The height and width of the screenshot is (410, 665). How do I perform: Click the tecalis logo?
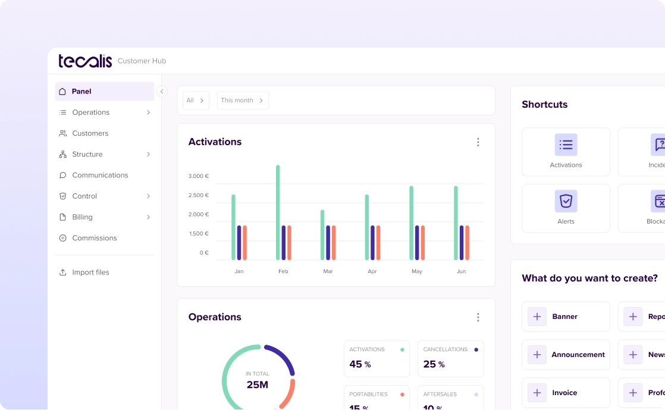(85, 61)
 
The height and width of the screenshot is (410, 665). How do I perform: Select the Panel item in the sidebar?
(81, 92)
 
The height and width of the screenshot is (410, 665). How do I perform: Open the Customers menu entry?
(90, 133)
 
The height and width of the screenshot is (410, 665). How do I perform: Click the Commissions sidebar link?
(94, 238)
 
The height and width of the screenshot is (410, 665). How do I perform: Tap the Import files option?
(90, 273)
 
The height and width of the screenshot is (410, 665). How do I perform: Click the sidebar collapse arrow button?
(162, 92)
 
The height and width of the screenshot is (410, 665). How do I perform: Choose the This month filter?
(242, 101)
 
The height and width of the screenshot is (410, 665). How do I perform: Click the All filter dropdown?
(195, 101)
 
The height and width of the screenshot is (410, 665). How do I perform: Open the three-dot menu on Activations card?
(478, 142)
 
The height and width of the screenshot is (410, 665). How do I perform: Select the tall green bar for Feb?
(278, 212)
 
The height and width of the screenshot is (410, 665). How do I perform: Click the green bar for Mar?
(322, 234)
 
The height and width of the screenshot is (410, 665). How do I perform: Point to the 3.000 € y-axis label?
(199, 176)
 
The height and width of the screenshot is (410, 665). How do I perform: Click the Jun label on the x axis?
(461, 271)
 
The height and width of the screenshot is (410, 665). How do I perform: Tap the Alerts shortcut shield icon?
(566, 201)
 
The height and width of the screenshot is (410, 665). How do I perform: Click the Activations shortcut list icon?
(566, 145)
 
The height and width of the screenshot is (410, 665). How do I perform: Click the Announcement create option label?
(578, 355)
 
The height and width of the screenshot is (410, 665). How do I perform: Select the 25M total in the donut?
(258, 385)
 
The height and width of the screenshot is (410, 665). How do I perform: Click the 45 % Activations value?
(360, 364)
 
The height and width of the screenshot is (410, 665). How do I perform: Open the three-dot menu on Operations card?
(478, 317)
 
